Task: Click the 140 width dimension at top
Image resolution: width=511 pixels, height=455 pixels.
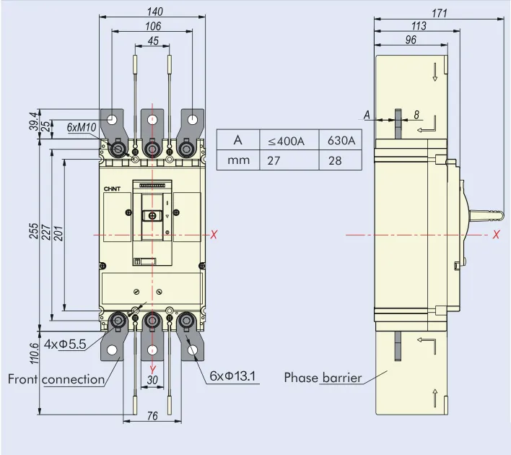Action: [154, 12]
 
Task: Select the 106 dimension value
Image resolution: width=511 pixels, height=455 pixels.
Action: [153, 26]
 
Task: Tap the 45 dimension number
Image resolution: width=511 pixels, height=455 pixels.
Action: [153, 41]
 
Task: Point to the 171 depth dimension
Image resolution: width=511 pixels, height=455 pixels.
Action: [440, 13]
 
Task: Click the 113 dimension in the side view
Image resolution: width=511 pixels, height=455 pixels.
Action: [419, 26]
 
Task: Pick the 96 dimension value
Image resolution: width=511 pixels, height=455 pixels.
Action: [411, 40]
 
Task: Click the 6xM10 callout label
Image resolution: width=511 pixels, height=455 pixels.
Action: [82, 128]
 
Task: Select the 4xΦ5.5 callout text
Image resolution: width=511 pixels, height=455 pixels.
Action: [65, 344]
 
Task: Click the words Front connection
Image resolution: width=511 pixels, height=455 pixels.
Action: [56, 379]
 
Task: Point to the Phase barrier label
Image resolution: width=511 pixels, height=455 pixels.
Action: [322, 377]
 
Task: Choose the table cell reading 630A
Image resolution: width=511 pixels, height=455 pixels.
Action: [341, 140]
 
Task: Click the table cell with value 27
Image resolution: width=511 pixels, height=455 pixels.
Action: [274, 160]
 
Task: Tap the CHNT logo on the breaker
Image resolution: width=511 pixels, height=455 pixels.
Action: [113, 188]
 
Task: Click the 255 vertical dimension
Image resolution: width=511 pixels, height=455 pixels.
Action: [33, 231]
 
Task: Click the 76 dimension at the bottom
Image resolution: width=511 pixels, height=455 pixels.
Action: [152, 415]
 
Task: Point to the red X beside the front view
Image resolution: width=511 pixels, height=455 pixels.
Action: [214, 234]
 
